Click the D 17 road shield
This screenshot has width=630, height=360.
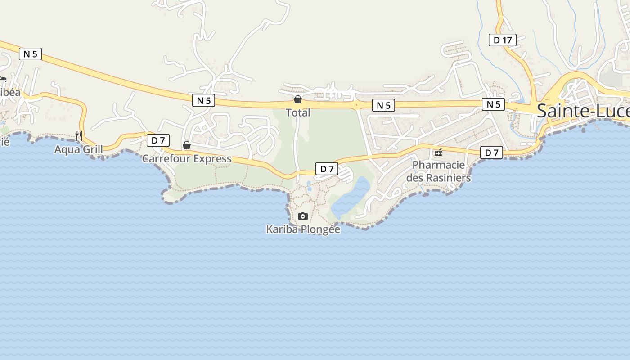click(x=503, y=40)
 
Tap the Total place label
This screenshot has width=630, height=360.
click(x=298, y=112)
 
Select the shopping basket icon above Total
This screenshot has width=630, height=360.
click(x=298, y=99)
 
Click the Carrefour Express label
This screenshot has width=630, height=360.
click(x=187, y=158)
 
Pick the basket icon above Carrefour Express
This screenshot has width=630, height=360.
click(x=187, y=145)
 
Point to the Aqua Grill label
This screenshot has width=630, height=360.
click(x=79, y=149)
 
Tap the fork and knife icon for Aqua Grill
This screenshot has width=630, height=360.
click(x=79, y=135)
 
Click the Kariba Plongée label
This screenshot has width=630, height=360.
click(x=303, y=229)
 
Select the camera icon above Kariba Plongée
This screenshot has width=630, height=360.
click(x=303, y=216)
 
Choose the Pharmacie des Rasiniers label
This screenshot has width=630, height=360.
click(x=438, y=171)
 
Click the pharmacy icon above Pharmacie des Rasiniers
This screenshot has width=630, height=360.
click(x=438, y=152)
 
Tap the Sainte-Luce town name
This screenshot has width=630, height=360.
click(x=583, y=111)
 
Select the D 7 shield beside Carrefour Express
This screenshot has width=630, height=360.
click(x=158, y=140)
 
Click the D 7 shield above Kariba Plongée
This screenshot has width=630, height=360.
click(x=327, y=169)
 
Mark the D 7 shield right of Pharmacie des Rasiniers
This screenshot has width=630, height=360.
click(x=492, y=153)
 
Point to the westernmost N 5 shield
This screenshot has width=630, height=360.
click(x=30, y=54)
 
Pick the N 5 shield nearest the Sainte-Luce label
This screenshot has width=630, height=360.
click(x=494, y=104)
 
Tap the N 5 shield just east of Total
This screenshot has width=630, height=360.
click(x=383, y=106)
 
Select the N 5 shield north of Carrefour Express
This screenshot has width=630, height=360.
click(x=204, y=100)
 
